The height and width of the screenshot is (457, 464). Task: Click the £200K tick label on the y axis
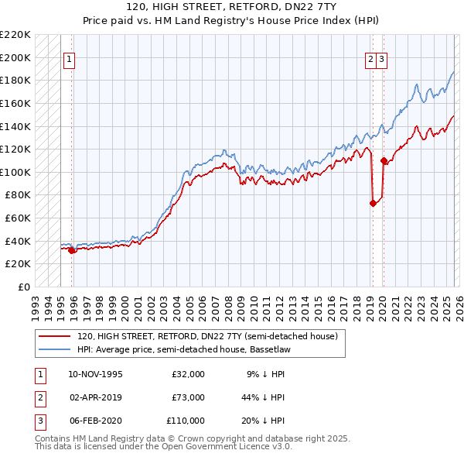(15, 57)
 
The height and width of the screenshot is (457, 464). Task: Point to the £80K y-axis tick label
(18, 195)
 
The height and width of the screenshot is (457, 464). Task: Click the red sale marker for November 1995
(72, 249)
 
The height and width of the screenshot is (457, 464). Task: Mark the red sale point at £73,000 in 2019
(372, 203)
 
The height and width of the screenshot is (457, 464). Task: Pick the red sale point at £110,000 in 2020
(384, 160)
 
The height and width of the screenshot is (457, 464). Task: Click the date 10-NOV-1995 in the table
(95, 374)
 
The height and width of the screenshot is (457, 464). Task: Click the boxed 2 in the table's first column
(38, 397)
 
